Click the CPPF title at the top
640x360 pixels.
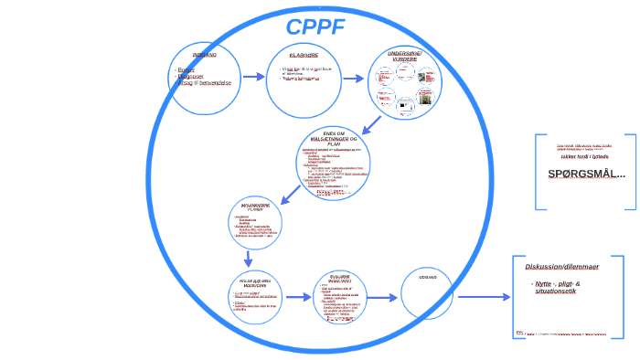pos(315,26)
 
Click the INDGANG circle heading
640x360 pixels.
pos(204,55)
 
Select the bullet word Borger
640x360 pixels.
pos(187,69)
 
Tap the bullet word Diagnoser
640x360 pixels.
pos(191,77)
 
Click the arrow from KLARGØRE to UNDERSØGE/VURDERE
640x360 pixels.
pos(352,79)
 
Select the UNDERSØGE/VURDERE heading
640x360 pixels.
pos(406,57)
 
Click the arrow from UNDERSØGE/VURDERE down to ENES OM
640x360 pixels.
pos(370,125)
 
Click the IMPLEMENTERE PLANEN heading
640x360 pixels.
pos(256,206)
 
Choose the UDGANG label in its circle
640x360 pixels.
pos(427,276)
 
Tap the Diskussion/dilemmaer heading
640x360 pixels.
pos(561,267)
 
